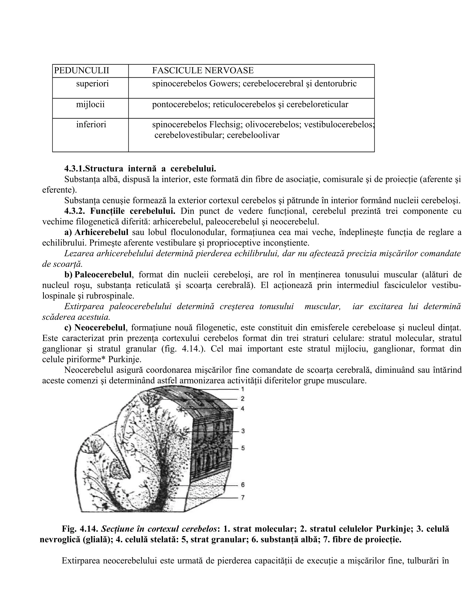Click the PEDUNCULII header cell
point(81,71)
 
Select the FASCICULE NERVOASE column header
point(203,71)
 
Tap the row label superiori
point(92,84)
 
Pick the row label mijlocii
point(90,104)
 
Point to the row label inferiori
point(91,124)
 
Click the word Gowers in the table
point(224,84)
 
